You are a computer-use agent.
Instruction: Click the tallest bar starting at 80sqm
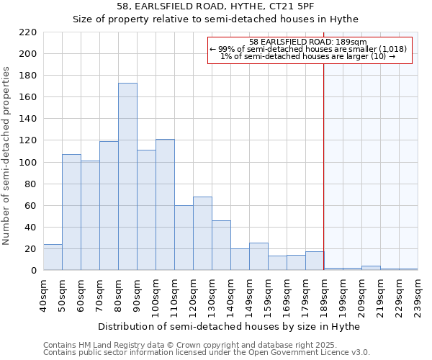[127, 176]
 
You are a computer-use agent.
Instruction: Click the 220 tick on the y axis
[28, 32]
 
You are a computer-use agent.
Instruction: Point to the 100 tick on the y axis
[28, 162]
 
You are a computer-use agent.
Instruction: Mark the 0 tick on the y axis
[34, 271]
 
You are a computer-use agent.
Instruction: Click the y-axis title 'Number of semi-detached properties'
[7, 156]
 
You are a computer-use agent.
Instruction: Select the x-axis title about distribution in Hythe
[228, 326]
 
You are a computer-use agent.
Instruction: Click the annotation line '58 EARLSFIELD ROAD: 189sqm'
[307, 42]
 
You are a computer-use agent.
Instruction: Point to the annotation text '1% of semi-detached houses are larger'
[307, 56]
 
